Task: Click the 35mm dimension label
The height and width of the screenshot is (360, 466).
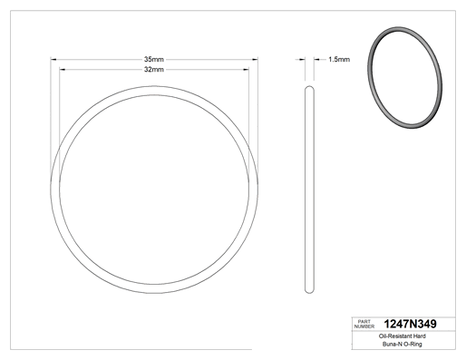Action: [154, 59]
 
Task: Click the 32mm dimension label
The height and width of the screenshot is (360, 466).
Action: [154, 70]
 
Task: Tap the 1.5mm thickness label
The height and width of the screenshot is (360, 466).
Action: [339, 60]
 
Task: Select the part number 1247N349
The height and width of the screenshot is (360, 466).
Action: [410, 324]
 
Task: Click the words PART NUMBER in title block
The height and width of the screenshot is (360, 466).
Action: [364, 324]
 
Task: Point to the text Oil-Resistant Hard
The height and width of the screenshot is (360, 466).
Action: [403, 336]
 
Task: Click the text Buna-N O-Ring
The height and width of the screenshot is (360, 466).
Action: [403, 344]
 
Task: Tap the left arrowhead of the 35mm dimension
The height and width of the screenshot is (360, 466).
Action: [53, 60]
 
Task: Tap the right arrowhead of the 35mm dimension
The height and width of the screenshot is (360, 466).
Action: [255, 60]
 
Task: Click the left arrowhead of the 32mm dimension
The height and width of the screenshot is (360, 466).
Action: [63, 70]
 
